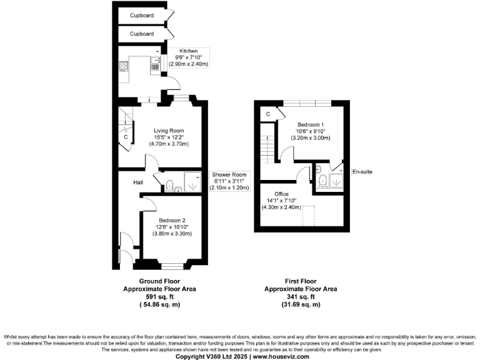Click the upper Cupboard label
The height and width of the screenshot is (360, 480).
pos(142,15)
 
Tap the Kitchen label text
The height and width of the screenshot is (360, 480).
pos(189,51)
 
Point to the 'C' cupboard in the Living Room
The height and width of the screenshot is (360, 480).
pos(126,136)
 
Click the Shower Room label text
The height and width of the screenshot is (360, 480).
pos(231,174)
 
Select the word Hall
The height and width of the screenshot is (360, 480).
pos(139,182)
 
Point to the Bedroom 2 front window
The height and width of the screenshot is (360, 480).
pos(171,260)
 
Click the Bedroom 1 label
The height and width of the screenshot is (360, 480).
pos(310,124)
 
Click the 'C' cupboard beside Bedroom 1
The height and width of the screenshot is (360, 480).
pos(267,114)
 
